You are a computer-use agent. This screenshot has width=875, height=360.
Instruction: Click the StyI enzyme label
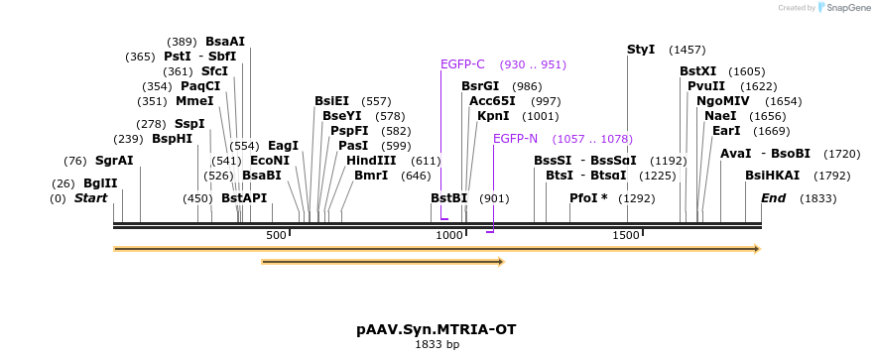(641, 50)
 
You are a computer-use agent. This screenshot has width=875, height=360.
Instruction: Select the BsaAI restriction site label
(225, 42)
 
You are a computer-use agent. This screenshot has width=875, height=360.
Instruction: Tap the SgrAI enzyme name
(114, 161)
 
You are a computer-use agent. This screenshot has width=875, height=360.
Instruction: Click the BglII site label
(100, 183)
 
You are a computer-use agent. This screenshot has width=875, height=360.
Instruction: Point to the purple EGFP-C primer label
(462, 64)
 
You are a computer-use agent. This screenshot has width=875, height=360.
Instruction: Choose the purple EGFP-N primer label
(515, 139)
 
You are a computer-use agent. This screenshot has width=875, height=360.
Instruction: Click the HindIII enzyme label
(371, 161)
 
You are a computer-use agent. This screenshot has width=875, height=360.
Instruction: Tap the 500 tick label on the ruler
(276, 235)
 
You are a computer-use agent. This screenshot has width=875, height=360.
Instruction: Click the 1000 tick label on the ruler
(449, 235)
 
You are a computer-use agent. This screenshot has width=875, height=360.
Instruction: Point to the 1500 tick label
(625, 235)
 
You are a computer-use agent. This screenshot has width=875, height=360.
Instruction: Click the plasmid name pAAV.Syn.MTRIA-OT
(437, 329)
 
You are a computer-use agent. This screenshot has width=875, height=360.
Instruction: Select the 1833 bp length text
(437, 345)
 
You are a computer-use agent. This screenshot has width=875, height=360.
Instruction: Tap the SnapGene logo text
(848, 7)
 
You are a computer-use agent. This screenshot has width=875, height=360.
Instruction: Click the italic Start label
(90, 198)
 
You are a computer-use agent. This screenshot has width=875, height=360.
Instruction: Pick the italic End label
(774, 198)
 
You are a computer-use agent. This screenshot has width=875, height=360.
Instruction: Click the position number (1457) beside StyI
(687, 50)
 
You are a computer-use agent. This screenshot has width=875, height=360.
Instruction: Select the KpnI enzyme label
(493, 116)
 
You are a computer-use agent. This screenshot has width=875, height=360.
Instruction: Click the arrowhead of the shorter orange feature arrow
(501, 262)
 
